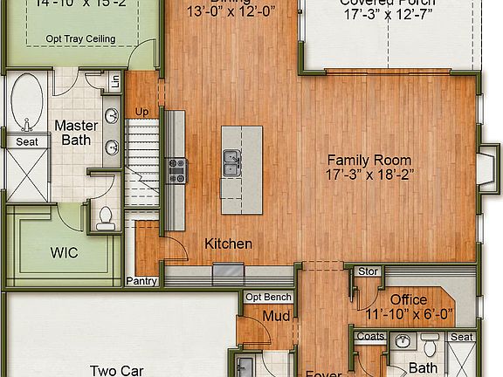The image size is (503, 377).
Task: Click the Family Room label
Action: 369,160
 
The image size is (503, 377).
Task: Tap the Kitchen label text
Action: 229,243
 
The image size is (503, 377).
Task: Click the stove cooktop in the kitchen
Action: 176,169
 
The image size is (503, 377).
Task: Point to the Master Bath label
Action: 76,133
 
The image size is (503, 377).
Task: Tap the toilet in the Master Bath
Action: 106,216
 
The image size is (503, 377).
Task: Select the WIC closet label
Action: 64,253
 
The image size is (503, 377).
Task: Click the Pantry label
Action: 141,281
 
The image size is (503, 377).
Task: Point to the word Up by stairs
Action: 141,112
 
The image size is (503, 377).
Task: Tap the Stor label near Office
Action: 369,271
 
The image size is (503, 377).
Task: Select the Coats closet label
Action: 370,337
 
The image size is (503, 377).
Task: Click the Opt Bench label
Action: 268,297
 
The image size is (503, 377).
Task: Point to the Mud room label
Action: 276,316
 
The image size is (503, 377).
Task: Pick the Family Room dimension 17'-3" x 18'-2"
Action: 369,175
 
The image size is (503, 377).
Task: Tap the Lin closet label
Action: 114,83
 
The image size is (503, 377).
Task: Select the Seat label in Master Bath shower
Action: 27,141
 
